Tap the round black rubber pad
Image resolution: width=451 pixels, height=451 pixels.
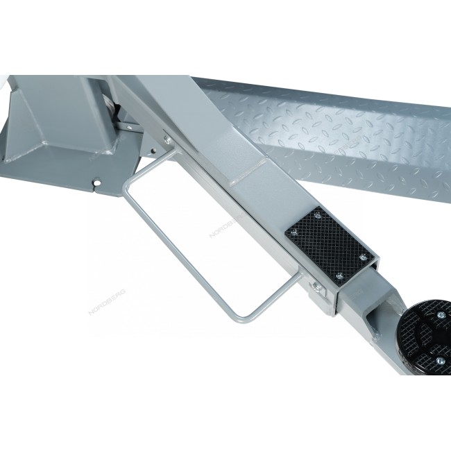[424, 337]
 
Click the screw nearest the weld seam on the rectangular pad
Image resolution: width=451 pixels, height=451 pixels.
[317, 215]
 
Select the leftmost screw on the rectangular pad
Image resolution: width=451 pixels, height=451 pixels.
[293, 232]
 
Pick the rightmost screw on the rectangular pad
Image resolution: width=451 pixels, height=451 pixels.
[364, 257]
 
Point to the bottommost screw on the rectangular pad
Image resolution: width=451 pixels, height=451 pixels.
[340, 276]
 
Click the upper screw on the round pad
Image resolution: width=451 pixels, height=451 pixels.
[441, 316]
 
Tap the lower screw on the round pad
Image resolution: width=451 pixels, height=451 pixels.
[441, 361]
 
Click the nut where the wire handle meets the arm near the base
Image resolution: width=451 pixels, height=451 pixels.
[168, 139]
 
